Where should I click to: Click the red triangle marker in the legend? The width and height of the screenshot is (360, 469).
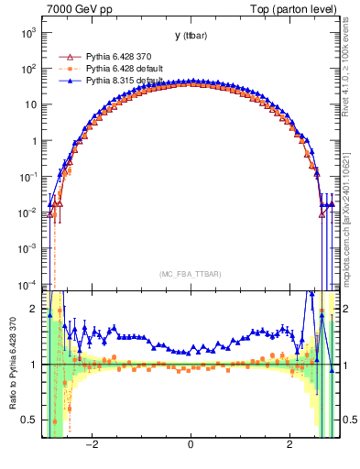[66, 56]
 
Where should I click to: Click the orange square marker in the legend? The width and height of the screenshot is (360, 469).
[66, 69]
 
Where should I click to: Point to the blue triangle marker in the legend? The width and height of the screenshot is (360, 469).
[66, 81]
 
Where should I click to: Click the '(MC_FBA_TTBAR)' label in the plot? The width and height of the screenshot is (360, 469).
[190, 274]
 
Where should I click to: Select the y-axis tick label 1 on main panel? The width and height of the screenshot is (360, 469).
[35, 141]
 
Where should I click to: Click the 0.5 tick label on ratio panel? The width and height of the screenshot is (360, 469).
[30, 420]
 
